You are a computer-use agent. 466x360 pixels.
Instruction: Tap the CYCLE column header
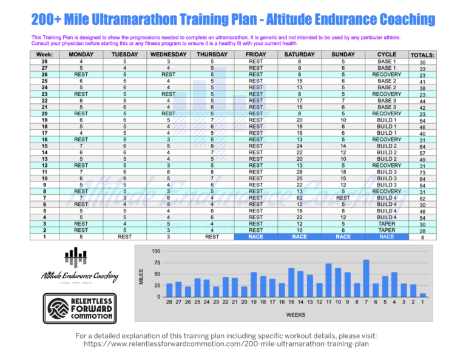coord(386,54)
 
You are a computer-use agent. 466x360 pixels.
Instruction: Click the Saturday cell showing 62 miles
coord(299,197)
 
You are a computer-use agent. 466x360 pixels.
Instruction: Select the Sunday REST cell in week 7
coord(343,197)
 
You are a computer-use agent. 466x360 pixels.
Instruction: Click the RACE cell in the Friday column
coord(256,237)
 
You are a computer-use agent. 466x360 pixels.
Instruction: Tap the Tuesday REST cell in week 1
coord(124,237)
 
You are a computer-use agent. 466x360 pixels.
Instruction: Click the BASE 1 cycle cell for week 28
coord(386,61)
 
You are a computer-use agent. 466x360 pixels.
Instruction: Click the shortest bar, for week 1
coord(423,295)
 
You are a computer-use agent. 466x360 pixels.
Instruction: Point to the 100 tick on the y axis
coord(156,251)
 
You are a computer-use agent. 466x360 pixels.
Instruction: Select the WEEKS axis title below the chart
coord(296,315)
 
